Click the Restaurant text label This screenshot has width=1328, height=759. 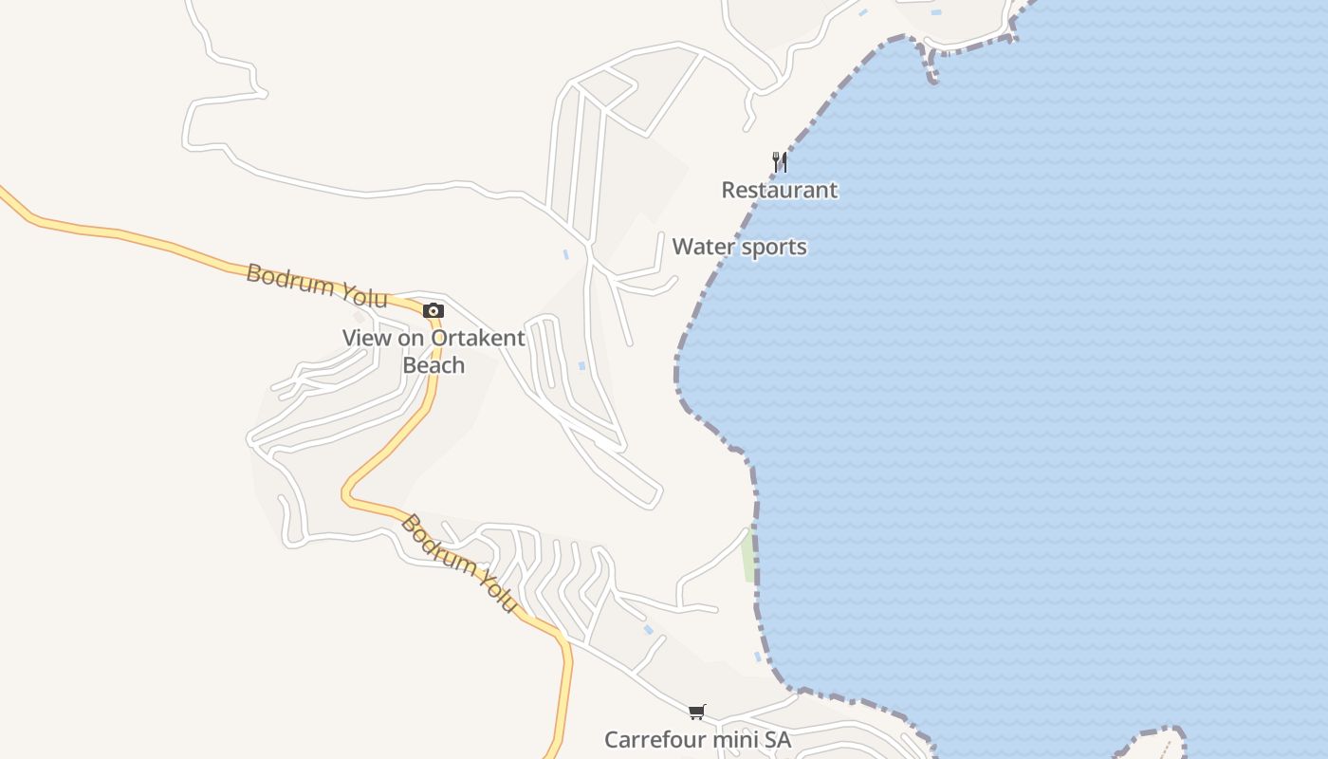(779, 190)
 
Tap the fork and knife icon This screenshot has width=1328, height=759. (779, 161)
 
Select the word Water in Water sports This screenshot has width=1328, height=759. (703, 247)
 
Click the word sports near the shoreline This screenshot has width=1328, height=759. (772, 248)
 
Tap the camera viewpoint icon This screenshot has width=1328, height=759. (433, 310)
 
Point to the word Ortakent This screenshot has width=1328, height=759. (477, 338)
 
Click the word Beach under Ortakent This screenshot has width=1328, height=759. (433, 365)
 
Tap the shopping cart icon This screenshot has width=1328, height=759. (697, 712)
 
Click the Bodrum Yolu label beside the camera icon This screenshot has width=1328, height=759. (317, 287)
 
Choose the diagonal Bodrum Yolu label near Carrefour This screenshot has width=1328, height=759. (459, 563)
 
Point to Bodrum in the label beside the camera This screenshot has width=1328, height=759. (287, 280)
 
